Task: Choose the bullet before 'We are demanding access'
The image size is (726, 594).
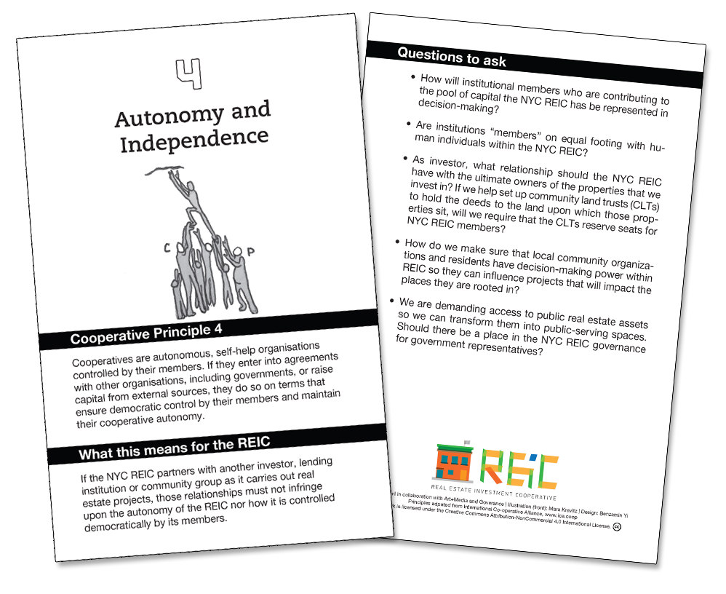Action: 393,300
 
